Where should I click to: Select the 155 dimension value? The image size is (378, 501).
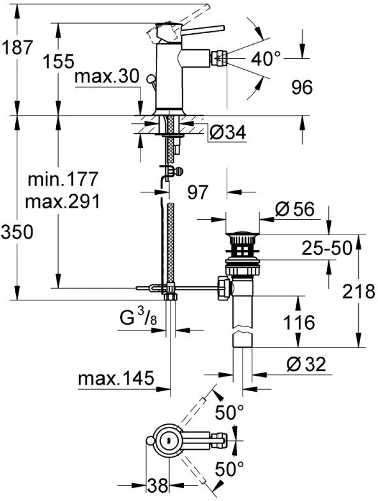60,62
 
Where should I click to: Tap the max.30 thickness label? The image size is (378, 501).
106,77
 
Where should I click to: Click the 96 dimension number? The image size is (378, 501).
298,87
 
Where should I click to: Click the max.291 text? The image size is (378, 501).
62,202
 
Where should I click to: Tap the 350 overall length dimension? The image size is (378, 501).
17,233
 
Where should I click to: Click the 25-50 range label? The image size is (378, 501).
327,248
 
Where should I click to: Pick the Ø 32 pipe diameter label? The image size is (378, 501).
306,364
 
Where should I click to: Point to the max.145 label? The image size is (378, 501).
116,378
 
